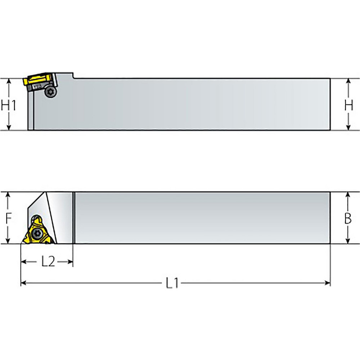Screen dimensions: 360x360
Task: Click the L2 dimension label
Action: tap(48, 262)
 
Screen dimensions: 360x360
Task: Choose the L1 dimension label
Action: tap(172, 284)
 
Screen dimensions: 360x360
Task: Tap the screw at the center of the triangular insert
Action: tap(36, 234)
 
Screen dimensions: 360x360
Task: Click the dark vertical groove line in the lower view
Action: tap(74, 218)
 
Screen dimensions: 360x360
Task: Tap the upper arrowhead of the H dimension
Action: tap(348, 81)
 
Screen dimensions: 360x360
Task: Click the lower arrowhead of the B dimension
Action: tap(348, 240)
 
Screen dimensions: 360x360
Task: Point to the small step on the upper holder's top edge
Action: tap(73, 75)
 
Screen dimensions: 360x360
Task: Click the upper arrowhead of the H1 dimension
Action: tap(9, 81)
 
